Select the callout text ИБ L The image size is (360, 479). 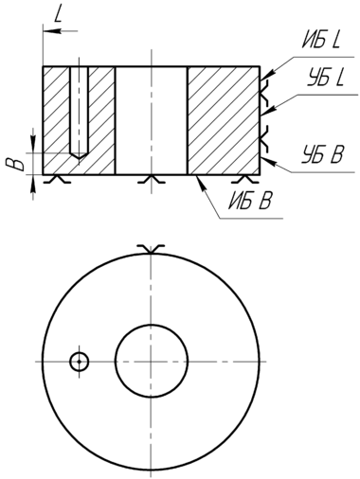321,41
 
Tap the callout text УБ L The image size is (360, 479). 325,79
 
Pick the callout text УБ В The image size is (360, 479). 323,154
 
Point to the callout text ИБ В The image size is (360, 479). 250,201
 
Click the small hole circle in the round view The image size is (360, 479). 79,362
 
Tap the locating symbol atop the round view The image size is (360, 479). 151,249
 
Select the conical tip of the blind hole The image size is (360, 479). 79,155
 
